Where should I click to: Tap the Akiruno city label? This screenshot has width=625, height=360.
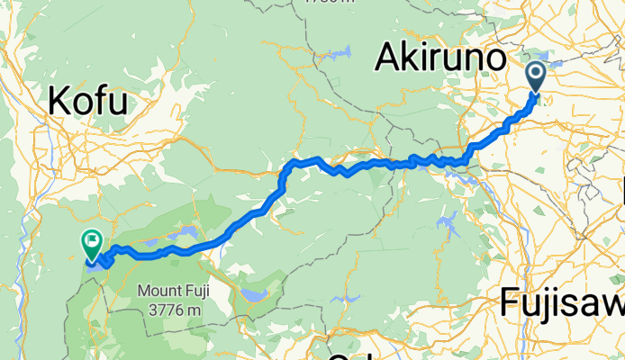[x=438, y=59]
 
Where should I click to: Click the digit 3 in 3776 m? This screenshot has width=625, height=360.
[x=149, y=310]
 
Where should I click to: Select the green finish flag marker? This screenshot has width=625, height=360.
[x=92, y=242]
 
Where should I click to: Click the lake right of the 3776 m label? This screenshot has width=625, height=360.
[x=250, y=295]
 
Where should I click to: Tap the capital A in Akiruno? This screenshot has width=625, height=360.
[x=385, y=59]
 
